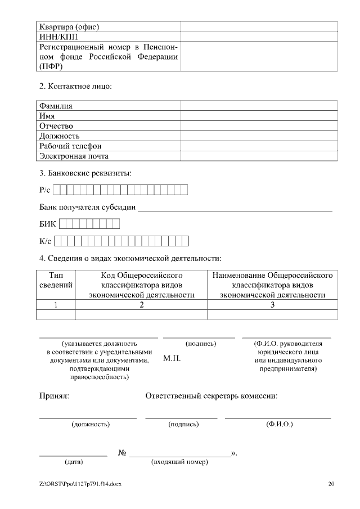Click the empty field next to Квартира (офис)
click(x=259, y=26)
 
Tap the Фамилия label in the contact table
click(x=56, y=105)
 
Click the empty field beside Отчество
click(x=259, y=126)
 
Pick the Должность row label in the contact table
click(x=59, y=136)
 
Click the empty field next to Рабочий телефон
click(x=259, y=146)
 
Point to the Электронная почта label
click(x=74, y=156)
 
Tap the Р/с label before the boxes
click(x=45, y=190)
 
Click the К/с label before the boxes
click(x=45, y=242)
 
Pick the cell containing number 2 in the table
click(x=141, y=305)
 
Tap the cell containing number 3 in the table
click(x=272, y=305)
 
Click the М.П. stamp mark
click(x=172, y=359)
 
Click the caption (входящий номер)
click(x=180, y=462)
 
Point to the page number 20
click(x=331, y=484)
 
